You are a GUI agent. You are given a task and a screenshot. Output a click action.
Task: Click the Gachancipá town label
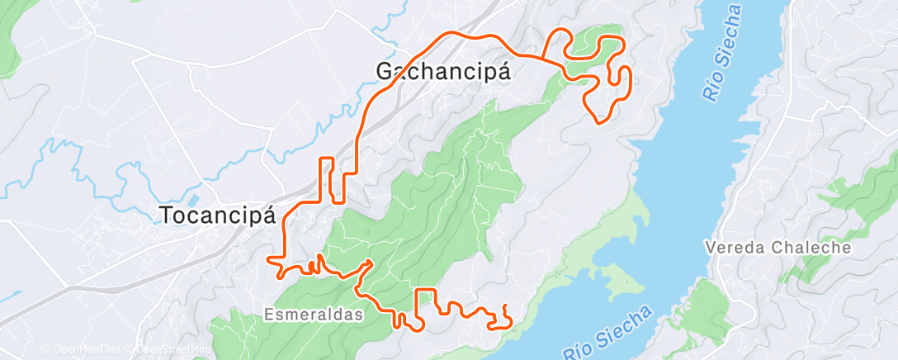tap(443, 72)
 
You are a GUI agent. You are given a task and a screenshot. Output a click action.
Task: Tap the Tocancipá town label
tap(216, 216)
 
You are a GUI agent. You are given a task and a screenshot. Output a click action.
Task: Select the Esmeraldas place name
tap(314, 315)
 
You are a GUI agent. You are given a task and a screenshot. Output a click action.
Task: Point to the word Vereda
tap(735, 247)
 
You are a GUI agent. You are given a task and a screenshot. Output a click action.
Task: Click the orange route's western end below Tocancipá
tap(269, 260)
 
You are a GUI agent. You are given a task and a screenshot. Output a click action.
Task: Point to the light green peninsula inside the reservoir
tap(615, 281)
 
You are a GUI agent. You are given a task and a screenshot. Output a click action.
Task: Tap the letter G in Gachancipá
tap(385, 72)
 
